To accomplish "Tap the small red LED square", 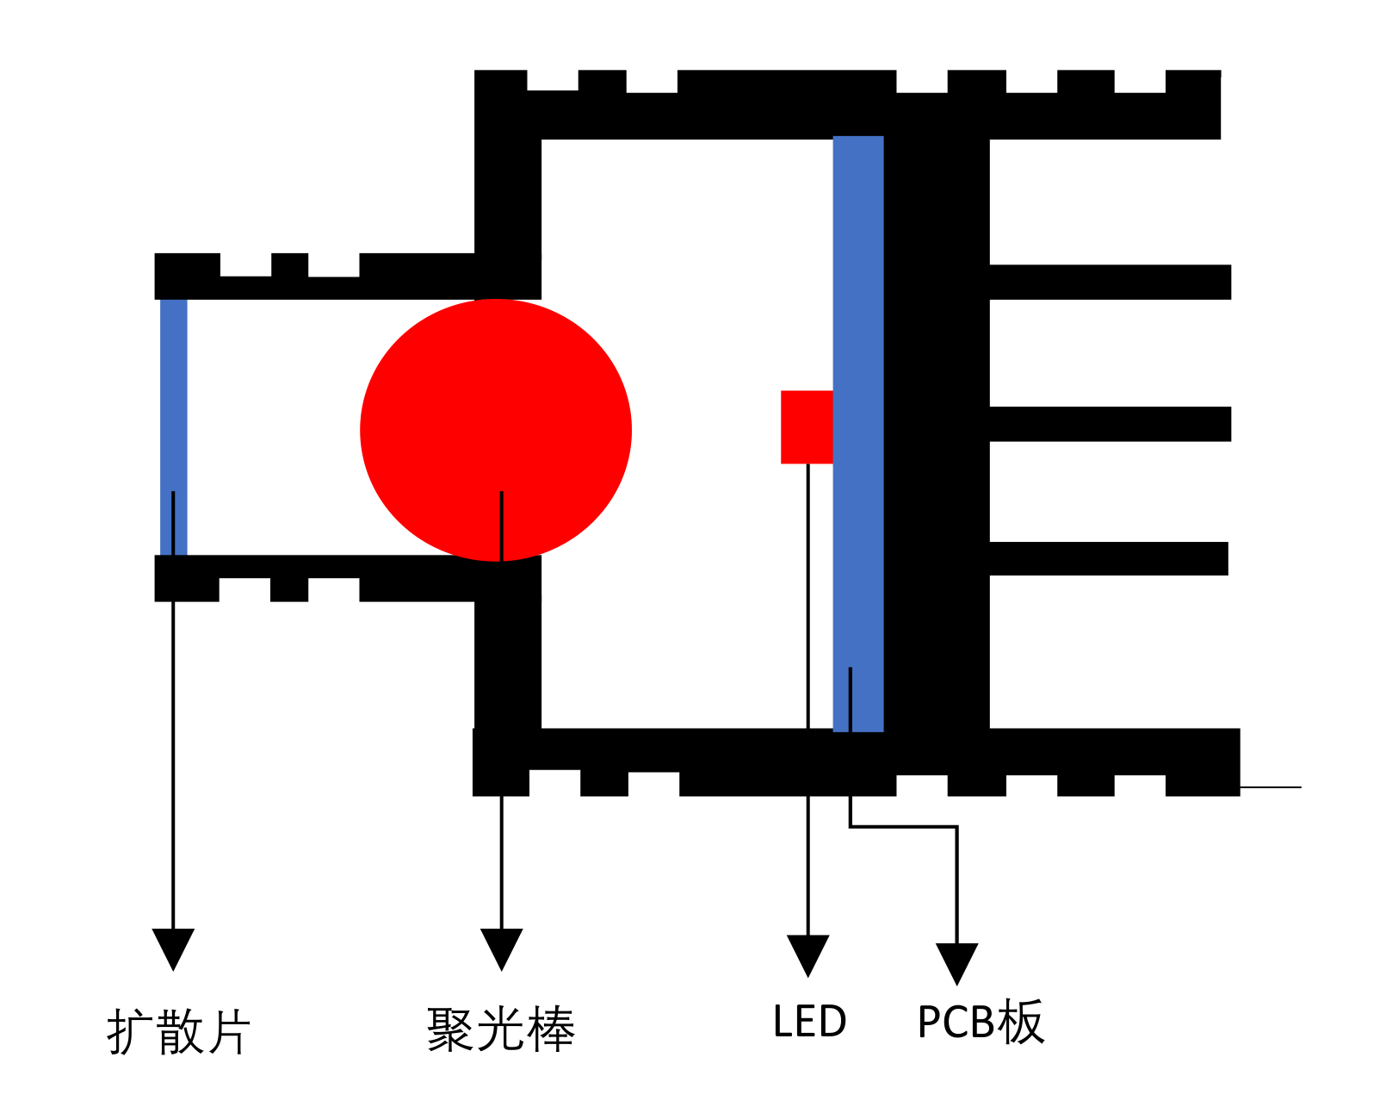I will pos(806,426).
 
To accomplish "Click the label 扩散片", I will pos(178,1031).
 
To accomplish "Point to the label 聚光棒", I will pos(500,1029).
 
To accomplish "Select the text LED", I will pos(809,1022).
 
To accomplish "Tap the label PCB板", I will pos(981,1023).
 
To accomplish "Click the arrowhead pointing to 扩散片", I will pos(173,948).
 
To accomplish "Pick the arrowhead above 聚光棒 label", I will pos(501,948).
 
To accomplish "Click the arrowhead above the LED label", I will pos(807,955).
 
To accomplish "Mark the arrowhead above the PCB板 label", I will pos(956,962).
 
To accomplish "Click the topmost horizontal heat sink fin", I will pos(1110,282).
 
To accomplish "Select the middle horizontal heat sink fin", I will pos(1110,424).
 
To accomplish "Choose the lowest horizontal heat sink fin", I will pos(1108,558).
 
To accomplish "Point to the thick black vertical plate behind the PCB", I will pos(937,431).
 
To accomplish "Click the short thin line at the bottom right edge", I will pos(1271,787).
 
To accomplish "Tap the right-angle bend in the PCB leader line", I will pos(956,827).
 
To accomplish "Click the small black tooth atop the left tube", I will pos(289,264).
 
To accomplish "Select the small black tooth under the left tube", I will pos(289,590).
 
